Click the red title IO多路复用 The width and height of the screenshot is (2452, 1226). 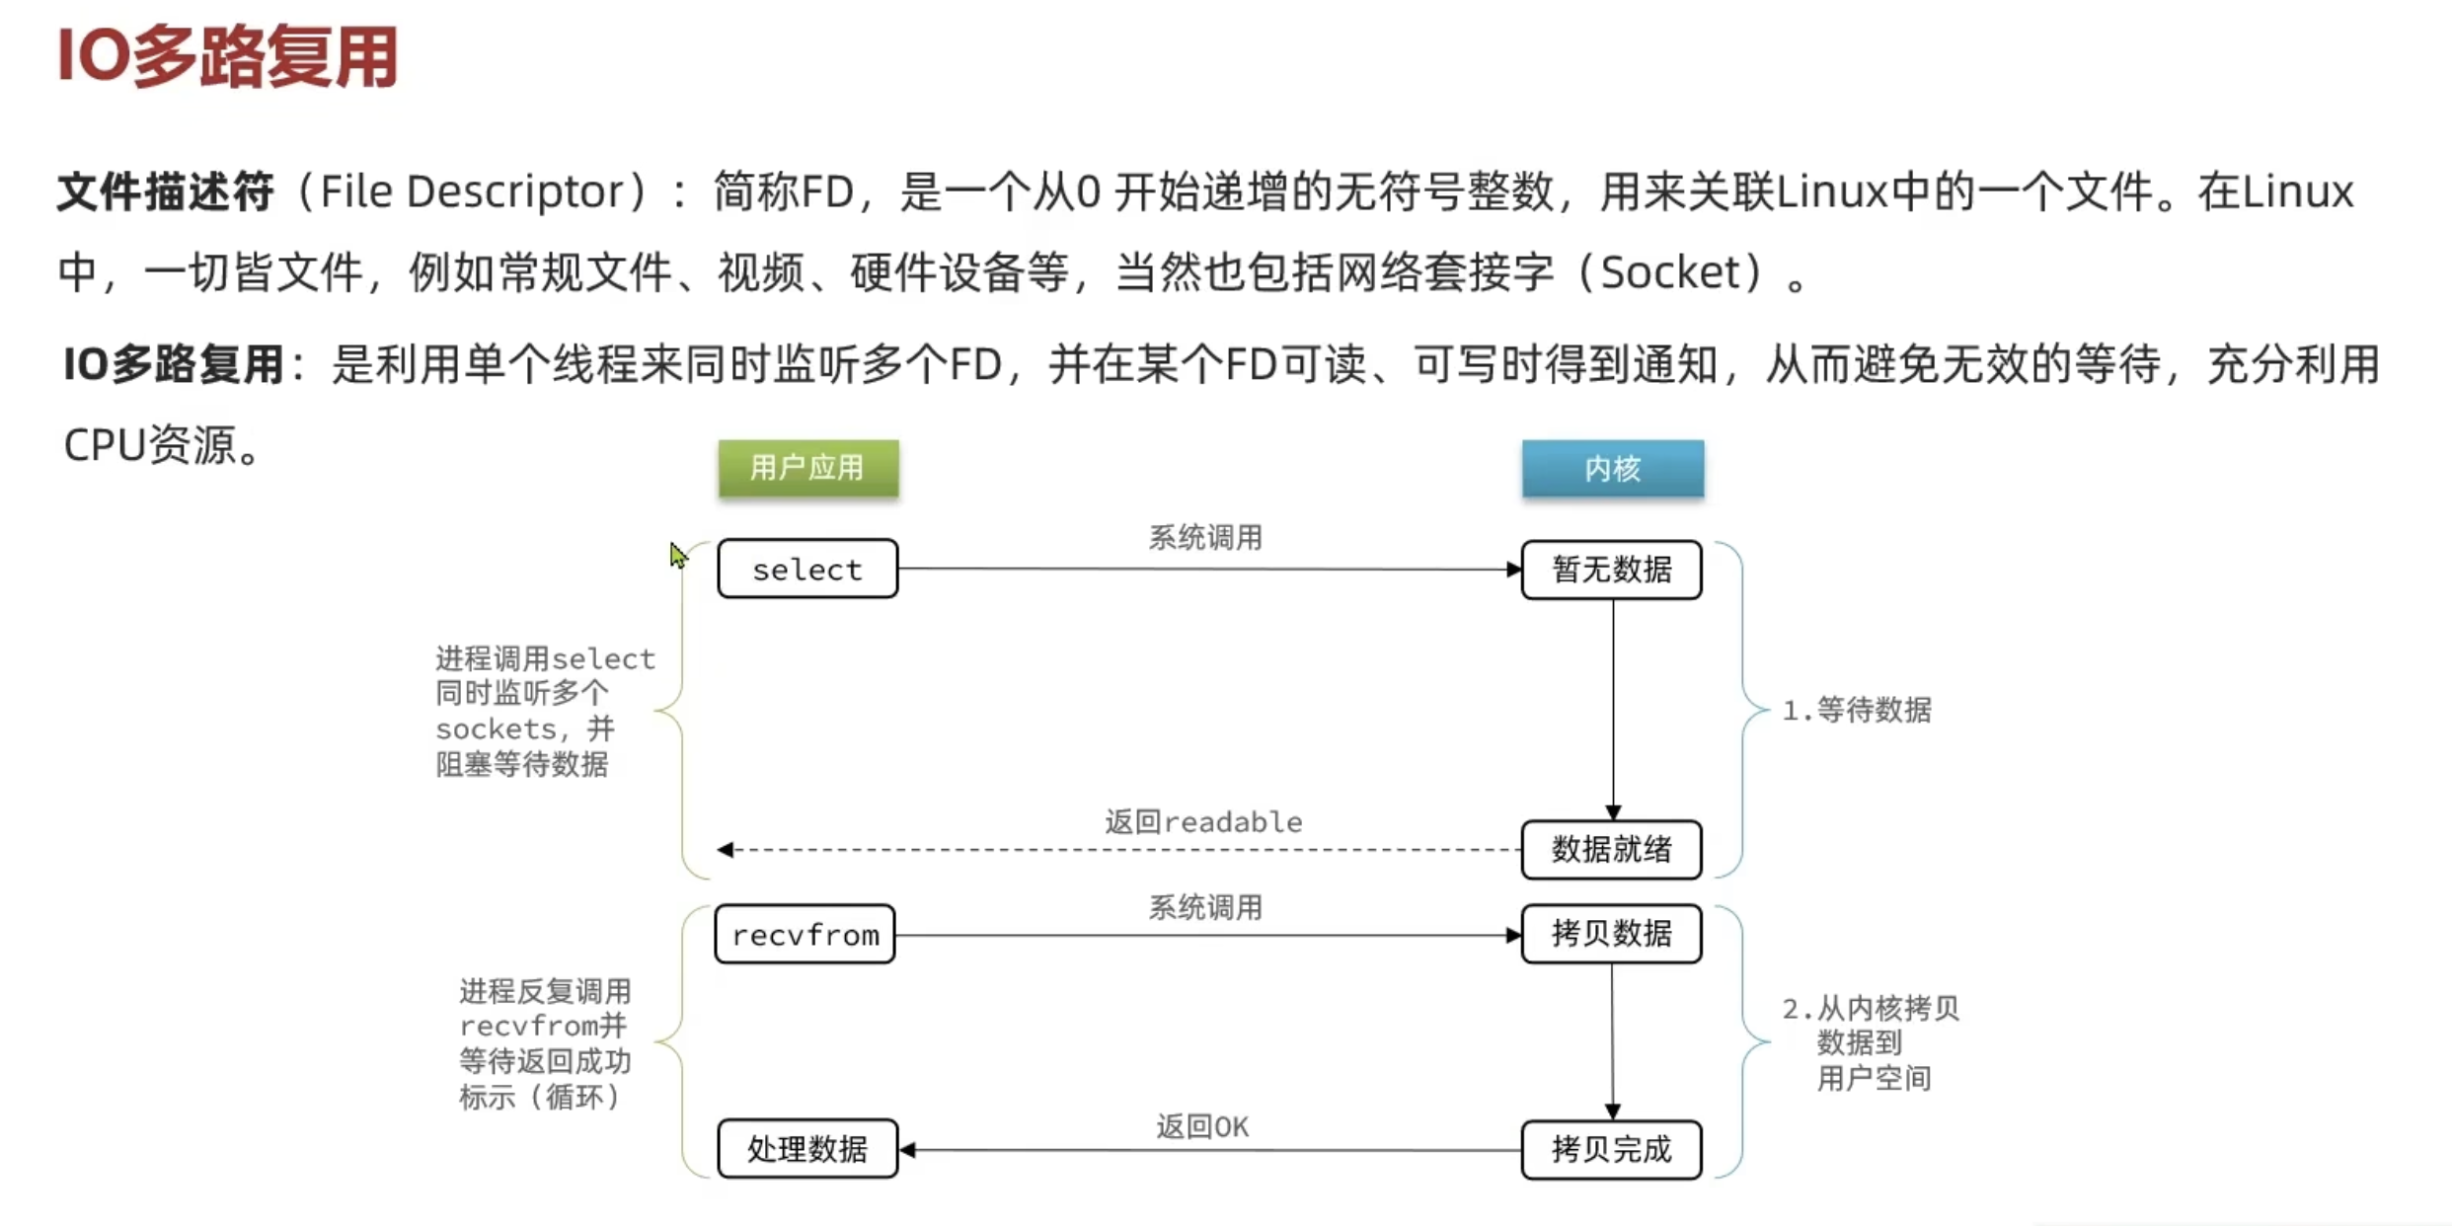pyautogui.click(x=228, y=56)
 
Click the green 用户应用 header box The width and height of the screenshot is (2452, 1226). pyautogui.click(x=807, y=468)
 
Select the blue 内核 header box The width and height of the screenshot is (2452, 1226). pyautogui.click(x=1612, y=468)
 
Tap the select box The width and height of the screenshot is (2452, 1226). pyautogui.click(x=807, y=570)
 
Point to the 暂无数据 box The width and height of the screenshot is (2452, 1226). pyautogui.click(x=1611, y=570)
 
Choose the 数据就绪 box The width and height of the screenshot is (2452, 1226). pyautogui.click(x=1611, y=850)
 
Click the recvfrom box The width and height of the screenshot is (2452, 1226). pyautogui.click(x=805, y=935)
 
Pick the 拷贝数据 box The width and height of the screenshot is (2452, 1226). pyautogui.click(x=1611, y=934)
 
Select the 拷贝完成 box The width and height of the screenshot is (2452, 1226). pyautogui.click(x=1611, y=1150)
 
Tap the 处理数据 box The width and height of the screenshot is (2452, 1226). pyautogui.click(x=807, y=1149)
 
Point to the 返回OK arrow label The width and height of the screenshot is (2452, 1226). pyautogui.click(x=1202, y=1126)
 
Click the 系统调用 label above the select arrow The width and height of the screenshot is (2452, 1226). pyautogui.click(x=1205, y=538)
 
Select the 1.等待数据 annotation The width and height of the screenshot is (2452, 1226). pyautogui.click(x=1857, y=710)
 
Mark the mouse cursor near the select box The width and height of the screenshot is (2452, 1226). pyautogui.click(x=677, y=555)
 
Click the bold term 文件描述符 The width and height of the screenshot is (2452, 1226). pyautogui.click(x=165, y=192)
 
